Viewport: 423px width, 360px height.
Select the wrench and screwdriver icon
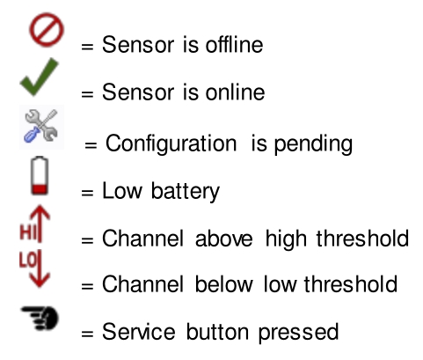coord(41,127)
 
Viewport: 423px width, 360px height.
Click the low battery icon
coord(40,176)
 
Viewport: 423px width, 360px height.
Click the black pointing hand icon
coord(40,318)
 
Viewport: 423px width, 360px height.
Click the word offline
coord(234,45)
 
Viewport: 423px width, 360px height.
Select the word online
coord(235,92)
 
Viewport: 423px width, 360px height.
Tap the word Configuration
coord(171,143)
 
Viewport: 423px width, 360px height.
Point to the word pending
coord(313,143)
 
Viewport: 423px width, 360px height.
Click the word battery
coord(185,192)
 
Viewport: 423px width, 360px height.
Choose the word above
coord(223,238)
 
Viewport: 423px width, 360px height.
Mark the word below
coord(223,283)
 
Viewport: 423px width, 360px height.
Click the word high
coord(286,239)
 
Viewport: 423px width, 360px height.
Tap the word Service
coord(139,332)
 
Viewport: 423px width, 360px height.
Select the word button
coord(217,332)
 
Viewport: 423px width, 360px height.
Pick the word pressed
coord(298,333)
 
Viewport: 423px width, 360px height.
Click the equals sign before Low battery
coord(87,193)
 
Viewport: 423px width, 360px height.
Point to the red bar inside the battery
coord(40,189)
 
